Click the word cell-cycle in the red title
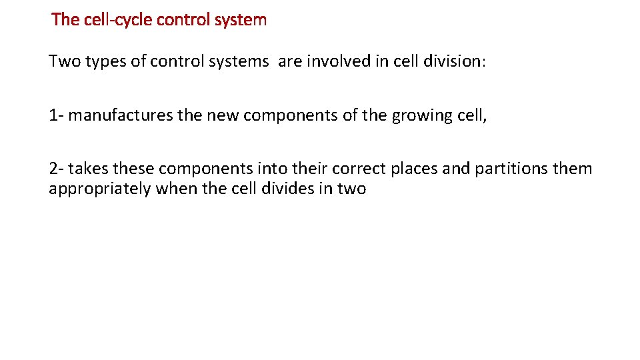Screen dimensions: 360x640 (119, 20)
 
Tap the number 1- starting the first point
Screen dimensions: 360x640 (56, 115)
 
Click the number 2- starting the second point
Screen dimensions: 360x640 (56, 169)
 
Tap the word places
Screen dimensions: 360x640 (415, 169)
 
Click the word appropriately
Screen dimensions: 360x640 (100, 189)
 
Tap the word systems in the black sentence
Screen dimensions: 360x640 (239, 62)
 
